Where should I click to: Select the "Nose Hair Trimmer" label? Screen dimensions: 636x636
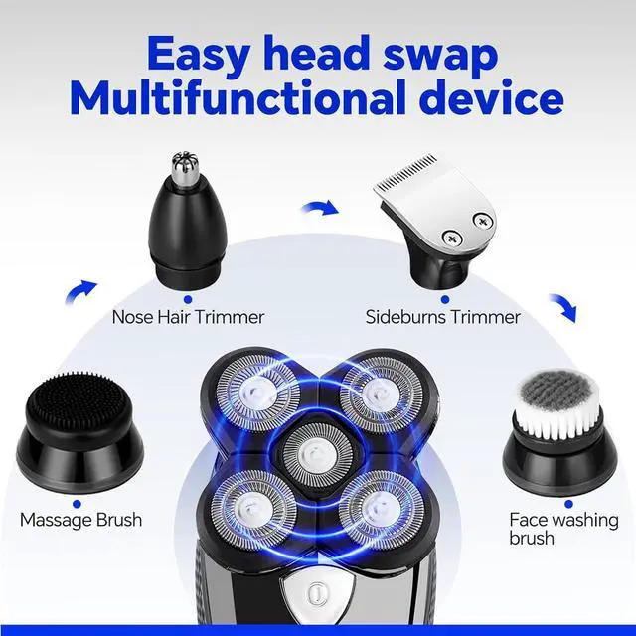[188, 317]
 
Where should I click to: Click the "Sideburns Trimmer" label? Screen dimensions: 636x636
[443, 317]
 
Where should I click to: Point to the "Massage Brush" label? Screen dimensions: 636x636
[80, 520]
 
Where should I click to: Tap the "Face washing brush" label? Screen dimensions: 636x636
[563, 529]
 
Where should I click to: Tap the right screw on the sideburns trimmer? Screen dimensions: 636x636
[485, 221]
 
